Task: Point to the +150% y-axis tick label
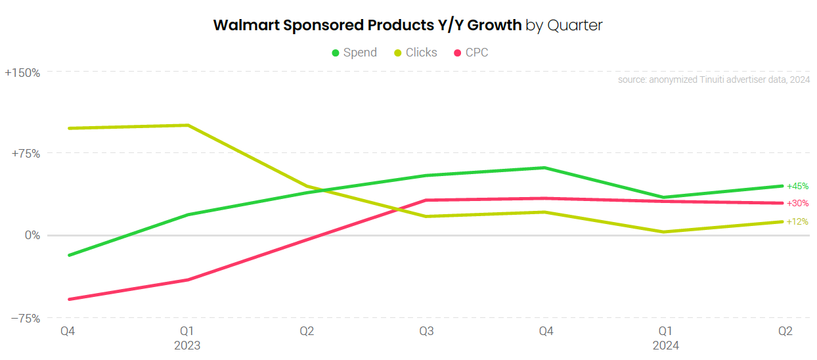[x=22, y=73]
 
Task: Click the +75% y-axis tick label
[x=26, y=154]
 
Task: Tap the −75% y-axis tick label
[x=25, y=319]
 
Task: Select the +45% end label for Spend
[x=797, y=187]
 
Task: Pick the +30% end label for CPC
[x=797, y=204]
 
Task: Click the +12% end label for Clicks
[x=797, y=222]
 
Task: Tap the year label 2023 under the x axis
[x=187, y=346]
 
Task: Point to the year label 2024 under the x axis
[x=665, y=346]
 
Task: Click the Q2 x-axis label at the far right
[x=785, y=332]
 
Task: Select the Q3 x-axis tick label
[x=426, y=332]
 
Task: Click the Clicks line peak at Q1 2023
[x=188, y=125]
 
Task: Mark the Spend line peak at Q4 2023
[x=545, y=168]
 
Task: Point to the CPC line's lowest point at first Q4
[x=68, y=300]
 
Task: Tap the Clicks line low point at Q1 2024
[x=665, y=232]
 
